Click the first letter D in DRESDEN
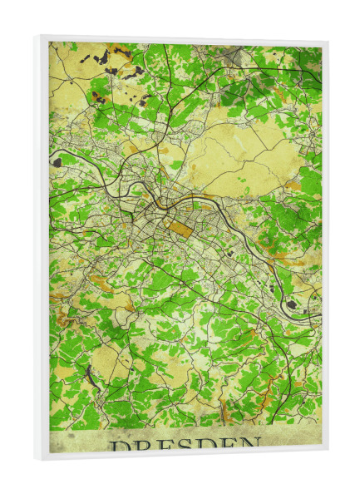point(118,447)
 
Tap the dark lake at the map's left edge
point(57,162)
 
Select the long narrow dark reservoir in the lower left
point(91,378)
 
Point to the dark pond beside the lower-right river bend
point(291,304)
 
